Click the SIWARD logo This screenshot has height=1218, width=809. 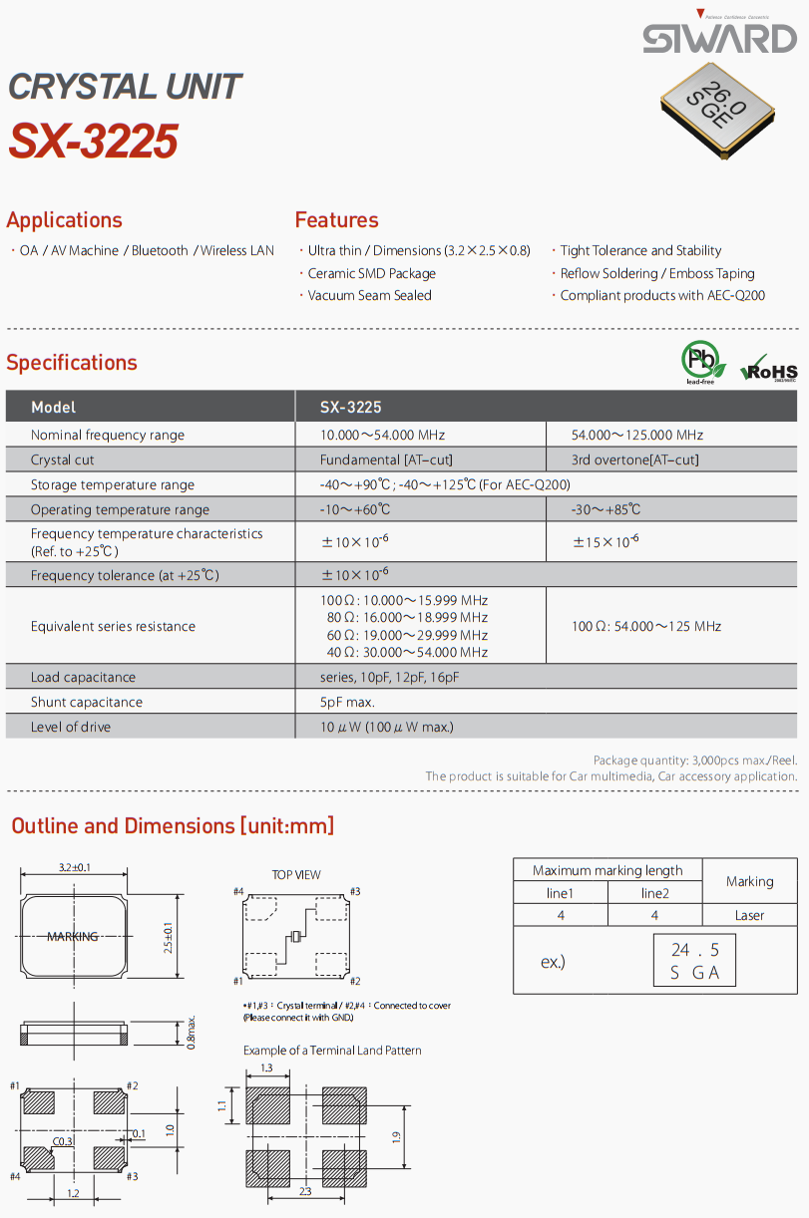pyautogui.click(x=719, y=37)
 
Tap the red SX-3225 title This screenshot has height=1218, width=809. pyautogui.click(x=94, y=142)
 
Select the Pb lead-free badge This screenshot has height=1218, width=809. pyautogui.click(x=699, y=362)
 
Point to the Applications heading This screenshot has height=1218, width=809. pyautogui.click(x=64, y=220)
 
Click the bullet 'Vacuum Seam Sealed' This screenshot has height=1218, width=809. pyautogui.click(x=369, y=295)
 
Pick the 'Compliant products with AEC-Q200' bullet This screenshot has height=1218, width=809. pyautogui.click(x=662, y=295)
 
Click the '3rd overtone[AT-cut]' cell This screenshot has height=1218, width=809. pyautogui.click(x=634, y=459)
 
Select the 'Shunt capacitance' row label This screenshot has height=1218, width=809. pyautogui.click(x=87, y=702)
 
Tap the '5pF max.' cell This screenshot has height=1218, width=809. pyautogui.click(x=347, y=702)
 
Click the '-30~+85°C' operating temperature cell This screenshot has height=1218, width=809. pyautogui.click(x=606, y=509)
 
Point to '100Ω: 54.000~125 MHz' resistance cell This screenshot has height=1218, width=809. pyautogui.click(x=645, y=626)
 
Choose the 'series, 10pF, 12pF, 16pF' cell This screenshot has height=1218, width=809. pyautogui.click(x=389, y=677)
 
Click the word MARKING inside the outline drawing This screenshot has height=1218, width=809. pyautogui.click(x=73, y=936)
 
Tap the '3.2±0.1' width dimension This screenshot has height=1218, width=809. pyautogui.click(x=74, y=867)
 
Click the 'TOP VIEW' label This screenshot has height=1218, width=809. pyautogui.click(x=296, y=874)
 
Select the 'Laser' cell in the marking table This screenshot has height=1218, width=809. pyautogui.click(x=749, y=915)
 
